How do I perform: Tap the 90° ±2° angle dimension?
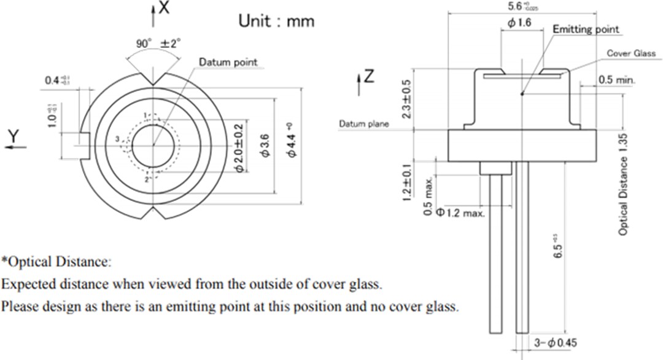(158, 44)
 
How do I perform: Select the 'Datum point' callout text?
(228, 62)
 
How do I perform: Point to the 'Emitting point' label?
(586, 29)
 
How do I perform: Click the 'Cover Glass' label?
(631, 53)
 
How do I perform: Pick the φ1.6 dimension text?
(519, 23)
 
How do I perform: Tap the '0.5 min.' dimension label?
(617, 80)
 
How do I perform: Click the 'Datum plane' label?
(364, 124)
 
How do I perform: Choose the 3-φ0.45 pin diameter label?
(554, 343)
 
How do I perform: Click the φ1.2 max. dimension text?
(460, 213)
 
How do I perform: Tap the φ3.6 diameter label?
(265, 146)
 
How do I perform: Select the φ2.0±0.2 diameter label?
(240, 147)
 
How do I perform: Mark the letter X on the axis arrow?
(163, 8)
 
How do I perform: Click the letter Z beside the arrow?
(368, 77)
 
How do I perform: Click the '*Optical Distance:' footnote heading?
(56, 262)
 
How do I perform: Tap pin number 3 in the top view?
(117, 141)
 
